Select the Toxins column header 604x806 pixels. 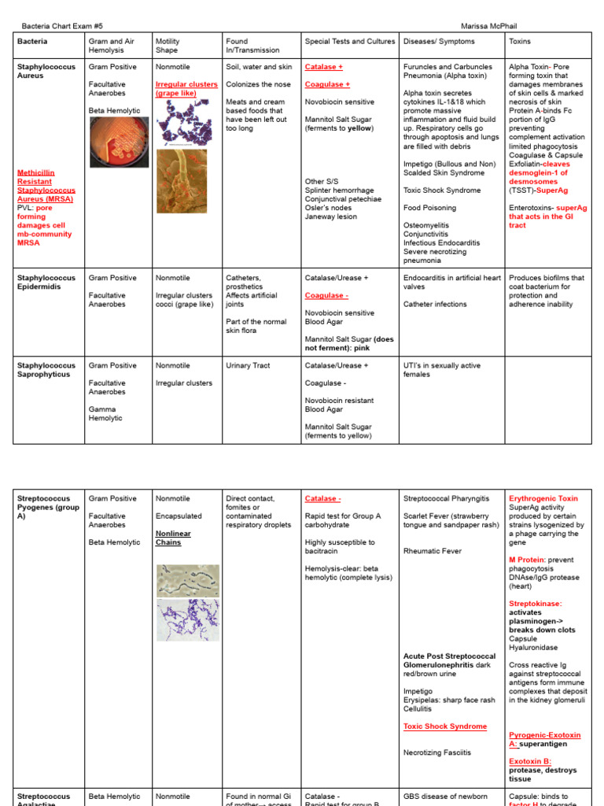(519, 41)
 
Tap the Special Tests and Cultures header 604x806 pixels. (350, 41)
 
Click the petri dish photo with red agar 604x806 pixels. (118, 141)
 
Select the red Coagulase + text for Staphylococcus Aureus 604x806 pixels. (327, 84)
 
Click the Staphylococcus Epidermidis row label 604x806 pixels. (46, 283)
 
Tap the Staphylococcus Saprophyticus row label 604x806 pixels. (46, 370)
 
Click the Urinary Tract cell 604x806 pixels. (248, 365)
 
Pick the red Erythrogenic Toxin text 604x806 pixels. (543, 498)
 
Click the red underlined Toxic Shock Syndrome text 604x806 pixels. (445, 727)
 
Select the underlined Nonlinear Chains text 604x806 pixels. (173, 538)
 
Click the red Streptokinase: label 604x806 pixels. (536, 604)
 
